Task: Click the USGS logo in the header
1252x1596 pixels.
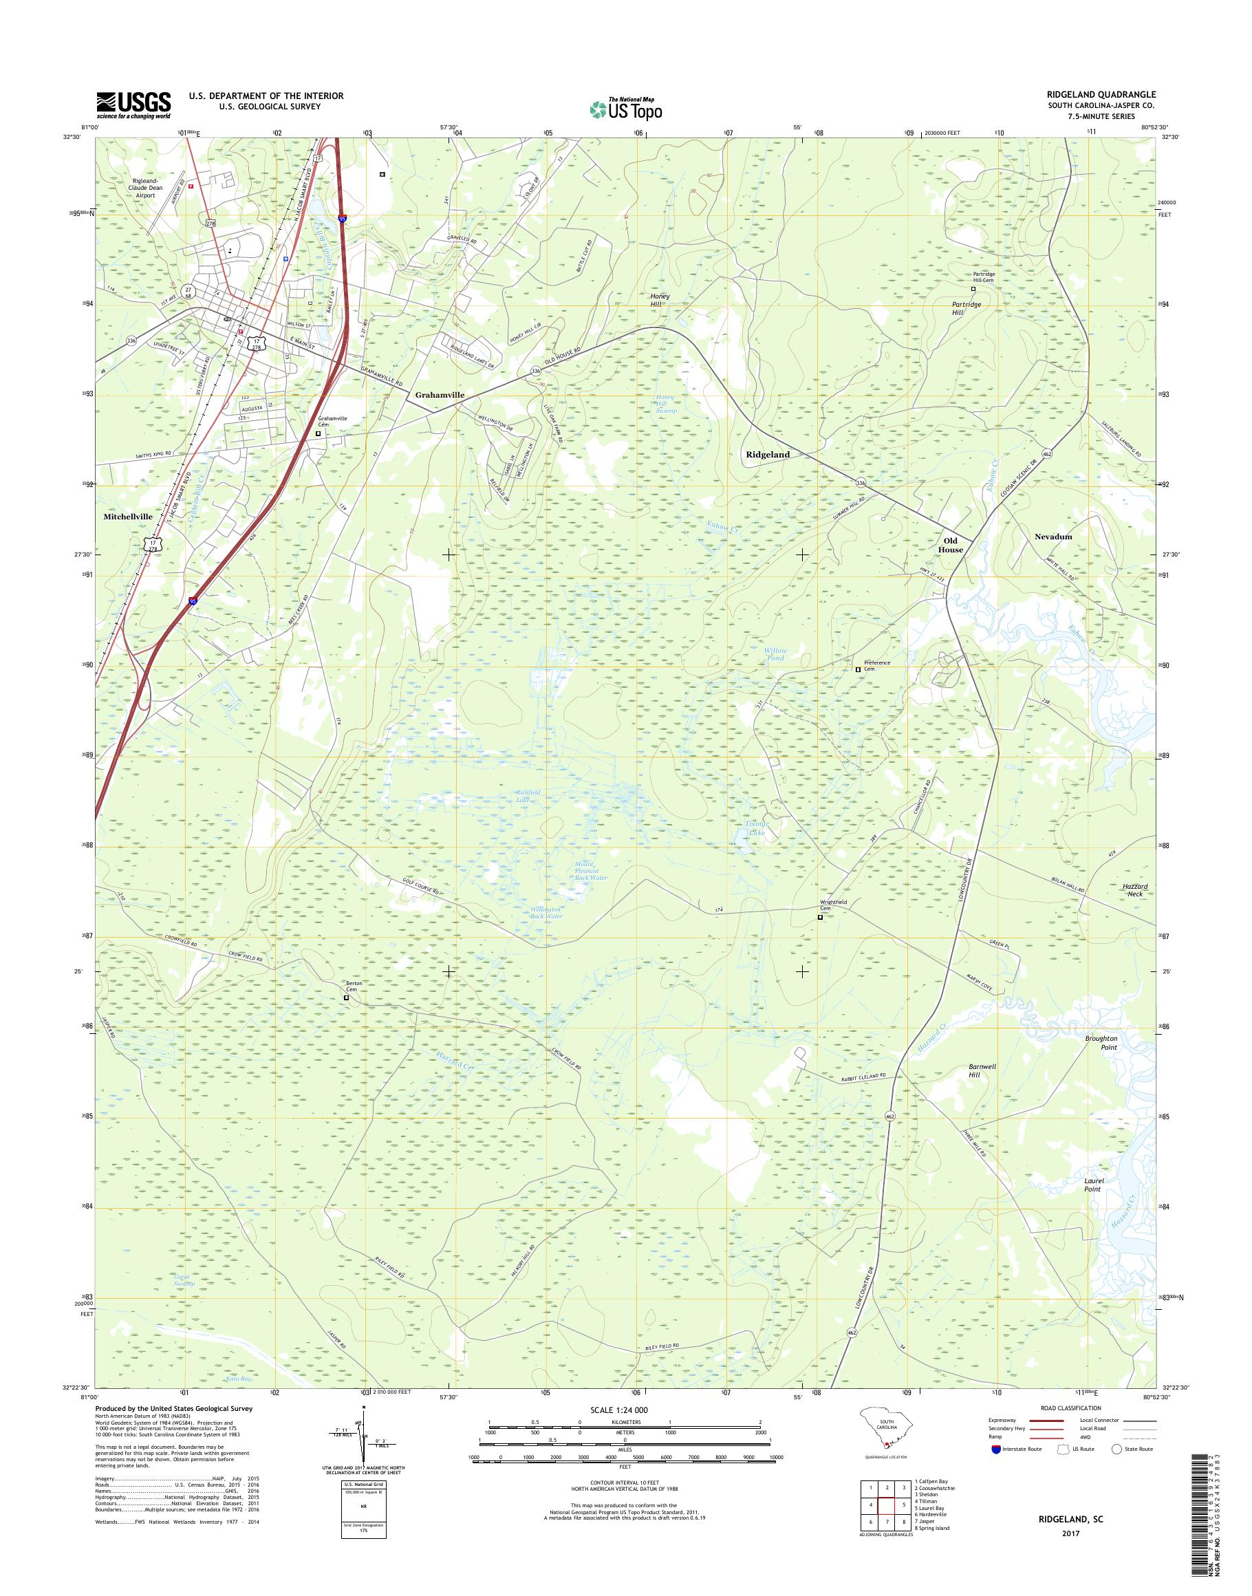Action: coord(133,105)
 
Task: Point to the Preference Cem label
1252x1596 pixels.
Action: coord(876,666)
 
